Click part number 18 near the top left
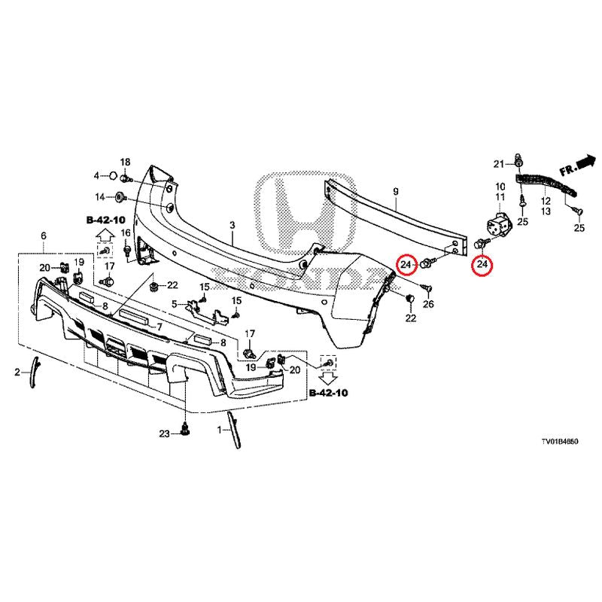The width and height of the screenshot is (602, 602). pyautogui.click(x=125, y=163)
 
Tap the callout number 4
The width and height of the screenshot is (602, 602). pyautogui.click(x=96, y=176)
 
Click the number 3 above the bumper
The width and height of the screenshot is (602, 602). pyautogui.click(x=233, y=225)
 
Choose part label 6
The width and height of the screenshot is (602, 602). pyautogui.click(x=44, y=236)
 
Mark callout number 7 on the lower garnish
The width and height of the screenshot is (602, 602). pyautogui.click(x=160, y=327)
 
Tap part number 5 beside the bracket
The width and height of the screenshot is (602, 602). pyautogui.click(x=174, y=304)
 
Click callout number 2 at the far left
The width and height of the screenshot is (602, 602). pyautogui.click(x=17, y=372)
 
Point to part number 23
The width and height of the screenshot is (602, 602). pyautogui.click(x=164, y=433)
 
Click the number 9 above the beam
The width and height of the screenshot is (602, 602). pyautogui.click(x=396, y=193)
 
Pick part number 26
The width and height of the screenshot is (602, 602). pyautogui.click(x=429, y=304)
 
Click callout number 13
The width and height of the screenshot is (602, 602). pyautogui.click(x=546, y=213)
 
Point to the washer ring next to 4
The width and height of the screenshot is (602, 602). pyautogui.click(x=111, y=176)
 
